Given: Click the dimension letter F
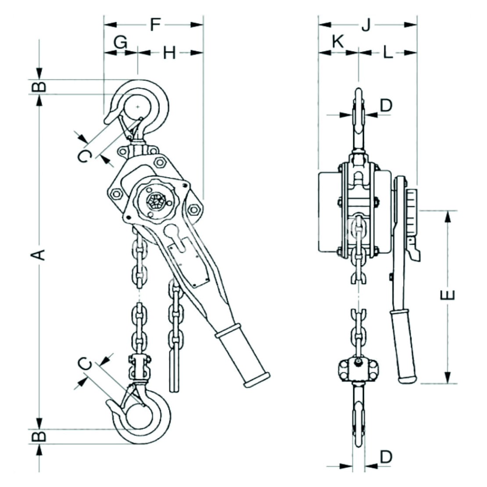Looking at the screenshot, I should click(154, 25).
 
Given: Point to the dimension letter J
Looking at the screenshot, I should click(366, 25).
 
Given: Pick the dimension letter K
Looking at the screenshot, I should click(337, 42).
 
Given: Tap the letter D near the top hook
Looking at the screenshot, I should click(386, 105).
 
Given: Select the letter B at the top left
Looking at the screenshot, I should click(40, 86).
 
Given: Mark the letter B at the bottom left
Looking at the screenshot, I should click(40, 436).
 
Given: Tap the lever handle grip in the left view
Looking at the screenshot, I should click(242, 355).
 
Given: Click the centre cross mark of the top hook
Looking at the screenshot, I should click(138, 106).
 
